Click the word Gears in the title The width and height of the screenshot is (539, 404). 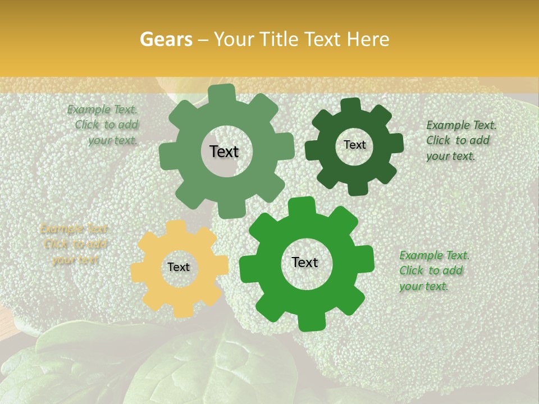point(166,39)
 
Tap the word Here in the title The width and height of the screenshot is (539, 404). point(368,39)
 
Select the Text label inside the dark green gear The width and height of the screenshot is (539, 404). point(354,145)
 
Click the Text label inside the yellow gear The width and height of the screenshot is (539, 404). point(179,267)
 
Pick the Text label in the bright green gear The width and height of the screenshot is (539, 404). point(305,262)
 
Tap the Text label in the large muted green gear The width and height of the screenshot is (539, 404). point(224,151)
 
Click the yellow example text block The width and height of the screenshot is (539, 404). point(74,244)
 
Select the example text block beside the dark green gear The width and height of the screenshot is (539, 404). point(460,140)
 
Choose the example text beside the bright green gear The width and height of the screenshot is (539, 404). point(433,270)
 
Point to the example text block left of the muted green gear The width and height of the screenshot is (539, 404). point(104,125)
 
